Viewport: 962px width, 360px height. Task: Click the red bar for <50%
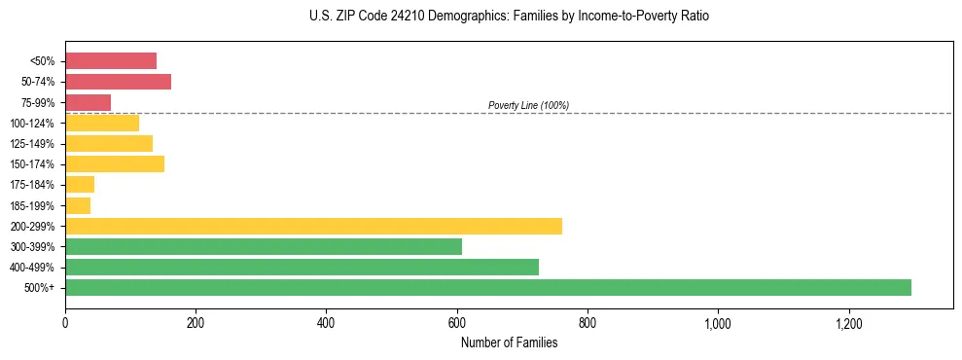[111, 61]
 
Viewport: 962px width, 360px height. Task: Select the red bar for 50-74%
[118, 82]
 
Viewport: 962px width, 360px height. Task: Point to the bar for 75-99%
[88, 102]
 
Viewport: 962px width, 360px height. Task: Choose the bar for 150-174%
[115, 163]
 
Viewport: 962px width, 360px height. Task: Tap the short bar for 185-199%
[78, 205]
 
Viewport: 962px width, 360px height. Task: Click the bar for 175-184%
[80, 185]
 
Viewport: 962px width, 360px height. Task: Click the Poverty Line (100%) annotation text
[528, 105]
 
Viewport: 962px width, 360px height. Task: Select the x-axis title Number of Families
[509, 342]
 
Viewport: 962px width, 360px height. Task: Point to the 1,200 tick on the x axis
[848, 322]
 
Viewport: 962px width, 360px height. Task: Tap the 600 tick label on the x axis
[456, 322]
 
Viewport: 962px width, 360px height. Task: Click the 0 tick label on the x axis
[65, 322]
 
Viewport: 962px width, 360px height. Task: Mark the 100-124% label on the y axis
[32, 124]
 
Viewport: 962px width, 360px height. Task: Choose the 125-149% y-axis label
[32, 144]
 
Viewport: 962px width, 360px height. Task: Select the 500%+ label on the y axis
[39, 288]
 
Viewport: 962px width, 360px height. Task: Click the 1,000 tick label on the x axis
[718, 322]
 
